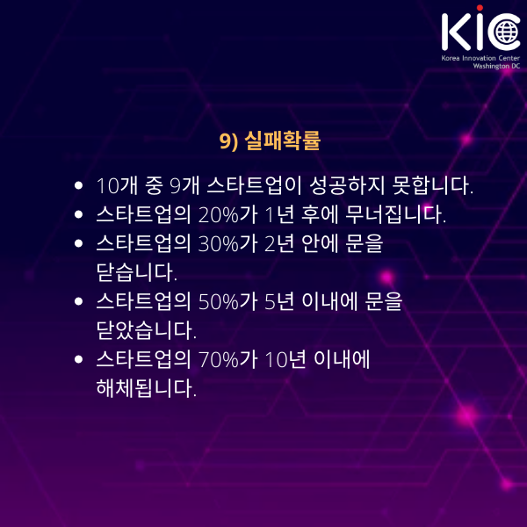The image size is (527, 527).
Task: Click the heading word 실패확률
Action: pyautogui.click(x=282, y=141)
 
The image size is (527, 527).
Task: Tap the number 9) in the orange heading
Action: pyautogui.click(x=228, y=141)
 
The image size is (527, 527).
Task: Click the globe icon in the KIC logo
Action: pyautogui.click(x=508, y=32)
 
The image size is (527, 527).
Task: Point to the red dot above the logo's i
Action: pyautogui.click(x=480, y=8)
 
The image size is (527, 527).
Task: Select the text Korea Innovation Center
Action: pyautogui.click(x=480, y=58)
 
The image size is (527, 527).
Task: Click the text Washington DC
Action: pyautogui.click(x=496, y=66)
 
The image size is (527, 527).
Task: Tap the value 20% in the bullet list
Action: pyautogui.click(x=219, y=215)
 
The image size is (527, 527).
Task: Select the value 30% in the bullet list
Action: pyautogui.click(x=219, y=243)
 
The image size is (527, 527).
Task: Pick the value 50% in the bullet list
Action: pyautogui.click(x=219, y=301)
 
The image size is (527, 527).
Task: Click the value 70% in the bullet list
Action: pyautogui.click(x=219, y=359)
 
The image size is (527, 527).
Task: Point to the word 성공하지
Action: pyautogui.click(x=347, y=185)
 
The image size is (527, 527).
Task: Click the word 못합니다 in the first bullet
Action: pyautogui.click(x=433, y=185)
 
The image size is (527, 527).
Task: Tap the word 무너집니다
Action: pyautogui.click(x=395, y=215)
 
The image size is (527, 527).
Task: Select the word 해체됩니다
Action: pyautogui.click(x=146, y=388)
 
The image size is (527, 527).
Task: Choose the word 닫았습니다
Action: pyautogui.click(x=146, y=330)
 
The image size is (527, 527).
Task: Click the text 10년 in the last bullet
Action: pyautogui.click(x=285, y=359)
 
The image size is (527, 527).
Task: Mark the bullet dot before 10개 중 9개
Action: pyautogui.click(x=79, y=185)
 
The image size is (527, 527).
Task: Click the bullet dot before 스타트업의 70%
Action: pyautogui.click(x=79, y=359)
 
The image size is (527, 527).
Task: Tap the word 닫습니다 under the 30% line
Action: pyautogui.click(x=136, y=272)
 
